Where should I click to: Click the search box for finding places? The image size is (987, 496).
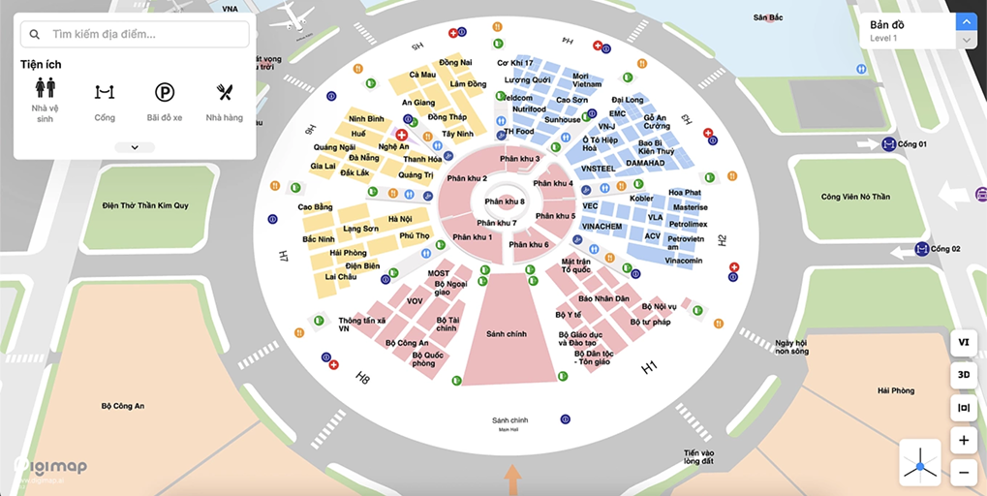(136, 34)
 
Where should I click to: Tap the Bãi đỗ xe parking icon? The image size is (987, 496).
(165, 93)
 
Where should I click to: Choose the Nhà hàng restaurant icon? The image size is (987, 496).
(225, 93)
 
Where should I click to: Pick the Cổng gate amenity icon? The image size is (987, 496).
(105, 93)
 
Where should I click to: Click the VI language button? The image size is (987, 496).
(963, 342)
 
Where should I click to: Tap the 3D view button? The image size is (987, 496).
(963, 374)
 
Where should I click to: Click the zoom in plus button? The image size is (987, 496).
(963, 441)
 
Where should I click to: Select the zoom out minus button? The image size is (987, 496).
(963, 473)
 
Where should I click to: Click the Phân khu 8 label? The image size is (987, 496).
(505, 201)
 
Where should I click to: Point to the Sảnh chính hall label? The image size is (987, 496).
(507, 334)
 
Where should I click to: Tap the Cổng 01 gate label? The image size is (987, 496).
(914, 144)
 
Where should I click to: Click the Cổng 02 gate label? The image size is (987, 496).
(944, 249)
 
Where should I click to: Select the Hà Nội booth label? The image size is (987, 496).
(399, 219)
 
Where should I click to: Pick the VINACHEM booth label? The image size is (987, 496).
(601, 227)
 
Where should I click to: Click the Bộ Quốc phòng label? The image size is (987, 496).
(428, 359)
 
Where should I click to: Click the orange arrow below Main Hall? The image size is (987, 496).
(512, 479)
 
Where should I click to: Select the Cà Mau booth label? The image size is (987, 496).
(422, 75)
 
